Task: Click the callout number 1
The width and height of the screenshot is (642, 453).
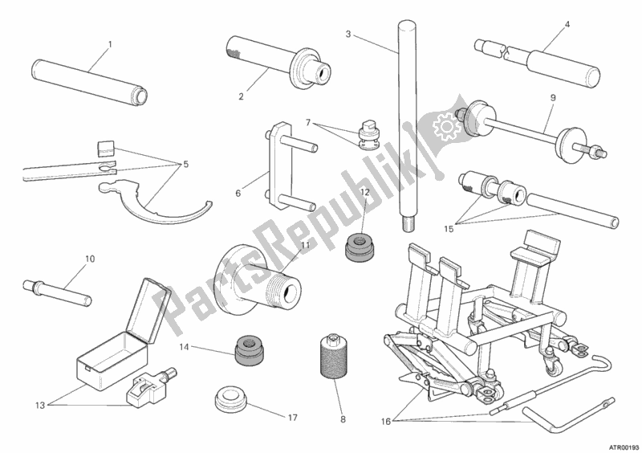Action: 110,44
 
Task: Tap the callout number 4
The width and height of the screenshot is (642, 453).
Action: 567,24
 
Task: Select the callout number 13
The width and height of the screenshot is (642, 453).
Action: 39,406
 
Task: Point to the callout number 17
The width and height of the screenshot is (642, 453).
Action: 292,418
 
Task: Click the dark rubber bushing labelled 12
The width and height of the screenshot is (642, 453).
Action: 360,247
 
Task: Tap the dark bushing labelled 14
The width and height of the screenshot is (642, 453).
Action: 250,350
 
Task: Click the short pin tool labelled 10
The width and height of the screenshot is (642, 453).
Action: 57,292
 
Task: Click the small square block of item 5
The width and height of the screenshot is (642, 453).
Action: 105,147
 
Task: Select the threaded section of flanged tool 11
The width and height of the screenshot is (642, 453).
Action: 277,287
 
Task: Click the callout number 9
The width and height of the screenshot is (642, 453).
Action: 553,97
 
